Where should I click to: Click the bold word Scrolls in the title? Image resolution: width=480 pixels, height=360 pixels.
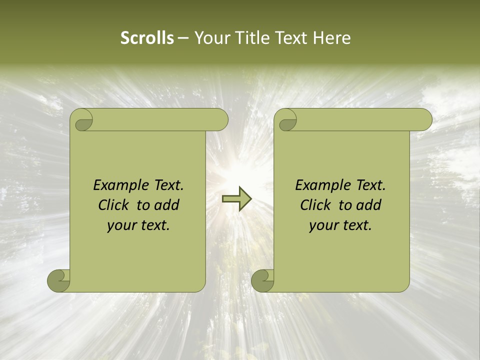point(147,38)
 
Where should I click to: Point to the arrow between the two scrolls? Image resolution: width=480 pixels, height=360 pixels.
point(236,198)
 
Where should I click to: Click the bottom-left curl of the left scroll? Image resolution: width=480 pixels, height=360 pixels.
point(58,280)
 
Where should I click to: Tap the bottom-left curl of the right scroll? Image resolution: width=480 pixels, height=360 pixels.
point(262,280)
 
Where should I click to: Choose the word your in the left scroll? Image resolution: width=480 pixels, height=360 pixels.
point(121,225)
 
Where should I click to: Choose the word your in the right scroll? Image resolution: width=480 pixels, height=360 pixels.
point(323,225)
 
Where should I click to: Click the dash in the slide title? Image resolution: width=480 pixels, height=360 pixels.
point(183,38)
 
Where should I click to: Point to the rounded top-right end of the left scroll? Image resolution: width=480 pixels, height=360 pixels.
point(220,120)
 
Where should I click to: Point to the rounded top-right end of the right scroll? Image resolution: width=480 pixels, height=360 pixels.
point(424,120)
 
